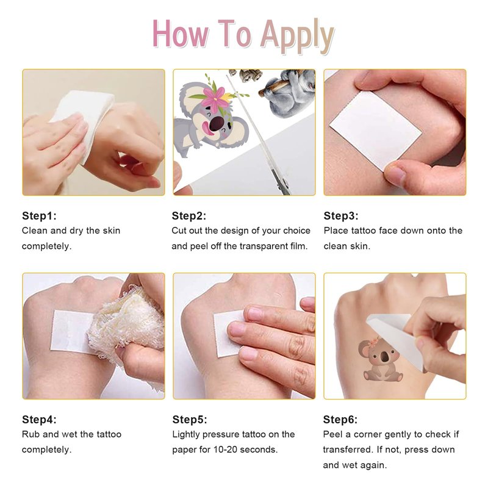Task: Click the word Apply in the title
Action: click(297, 36)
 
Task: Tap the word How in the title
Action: click(181, 34)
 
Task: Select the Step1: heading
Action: click(39, 216)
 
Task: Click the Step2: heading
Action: click(189, 216)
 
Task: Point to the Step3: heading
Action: click(341, 216)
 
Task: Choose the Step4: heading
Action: click(39, 419)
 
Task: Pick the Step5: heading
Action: click(190, 419)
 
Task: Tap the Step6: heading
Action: click(340, 419)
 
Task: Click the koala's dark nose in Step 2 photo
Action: click(217, 124)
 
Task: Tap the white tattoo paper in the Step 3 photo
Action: click(376, 131)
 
